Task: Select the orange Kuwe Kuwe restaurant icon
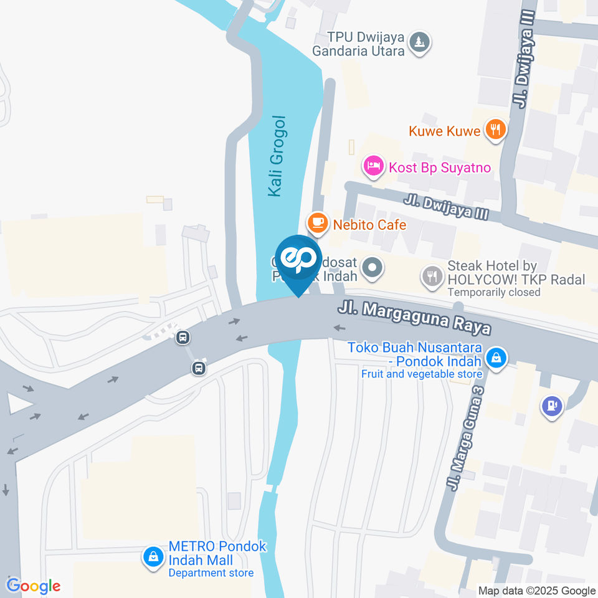click(x=496, y=130)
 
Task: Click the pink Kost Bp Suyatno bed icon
click(x=373, y=166)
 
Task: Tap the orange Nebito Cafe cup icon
click(x=318, y=222)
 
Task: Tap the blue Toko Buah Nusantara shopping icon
click(x=496, y=358)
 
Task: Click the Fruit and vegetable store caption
click(x=422, y=374)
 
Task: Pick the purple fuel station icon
click(x=552, y=406)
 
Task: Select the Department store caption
click(x=211, y=573)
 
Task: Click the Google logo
click(x=33, y=586)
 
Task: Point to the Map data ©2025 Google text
click(x=537, y=591)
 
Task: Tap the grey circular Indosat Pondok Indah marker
click(x=373, y=268)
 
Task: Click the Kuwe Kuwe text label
click(x=444, y=131)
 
